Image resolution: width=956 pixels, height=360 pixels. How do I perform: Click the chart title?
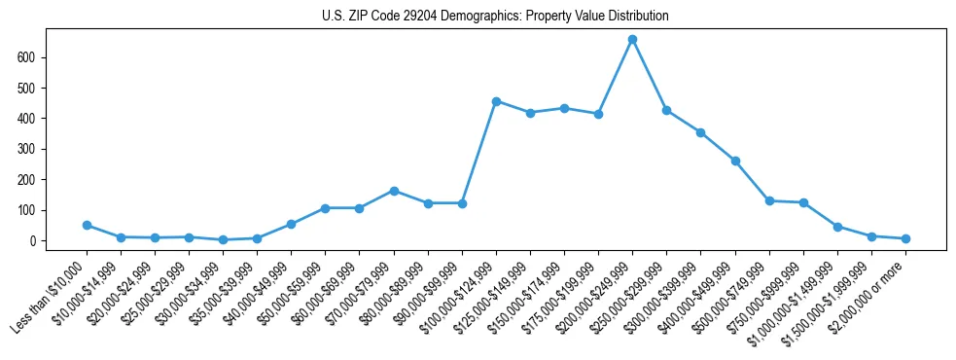click(495, 17)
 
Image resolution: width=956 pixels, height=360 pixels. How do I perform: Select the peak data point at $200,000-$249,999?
click(632, 40)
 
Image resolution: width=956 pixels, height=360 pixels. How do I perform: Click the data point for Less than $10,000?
click(87, 225)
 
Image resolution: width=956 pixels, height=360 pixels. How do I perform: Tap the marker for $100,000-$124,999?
click(496, 101)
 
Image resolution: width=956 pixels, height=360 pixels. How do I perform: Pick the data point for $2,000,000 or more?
click(905, 238)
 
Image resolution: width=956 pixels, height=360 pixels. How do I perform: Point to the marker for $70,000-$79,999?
click(394, 191)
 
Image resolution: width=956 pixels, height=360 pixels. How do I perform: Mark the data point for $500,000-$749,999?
click(769, 200)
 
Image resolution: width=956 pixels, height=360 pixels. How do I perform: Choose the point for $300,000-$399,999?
click(700, 132)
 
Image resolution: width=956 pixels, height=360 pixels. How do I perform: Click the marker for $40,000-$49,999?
click(291, 224)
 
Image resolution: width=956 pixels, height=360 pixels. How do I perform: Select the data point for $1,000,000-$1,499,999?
click(837, 227)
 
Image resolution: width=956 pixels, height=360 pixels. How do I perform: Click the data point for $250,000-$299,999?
click(666, 110)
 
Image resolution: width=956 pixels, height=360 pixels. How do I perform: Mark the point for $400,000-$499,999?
click(735, 161)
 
